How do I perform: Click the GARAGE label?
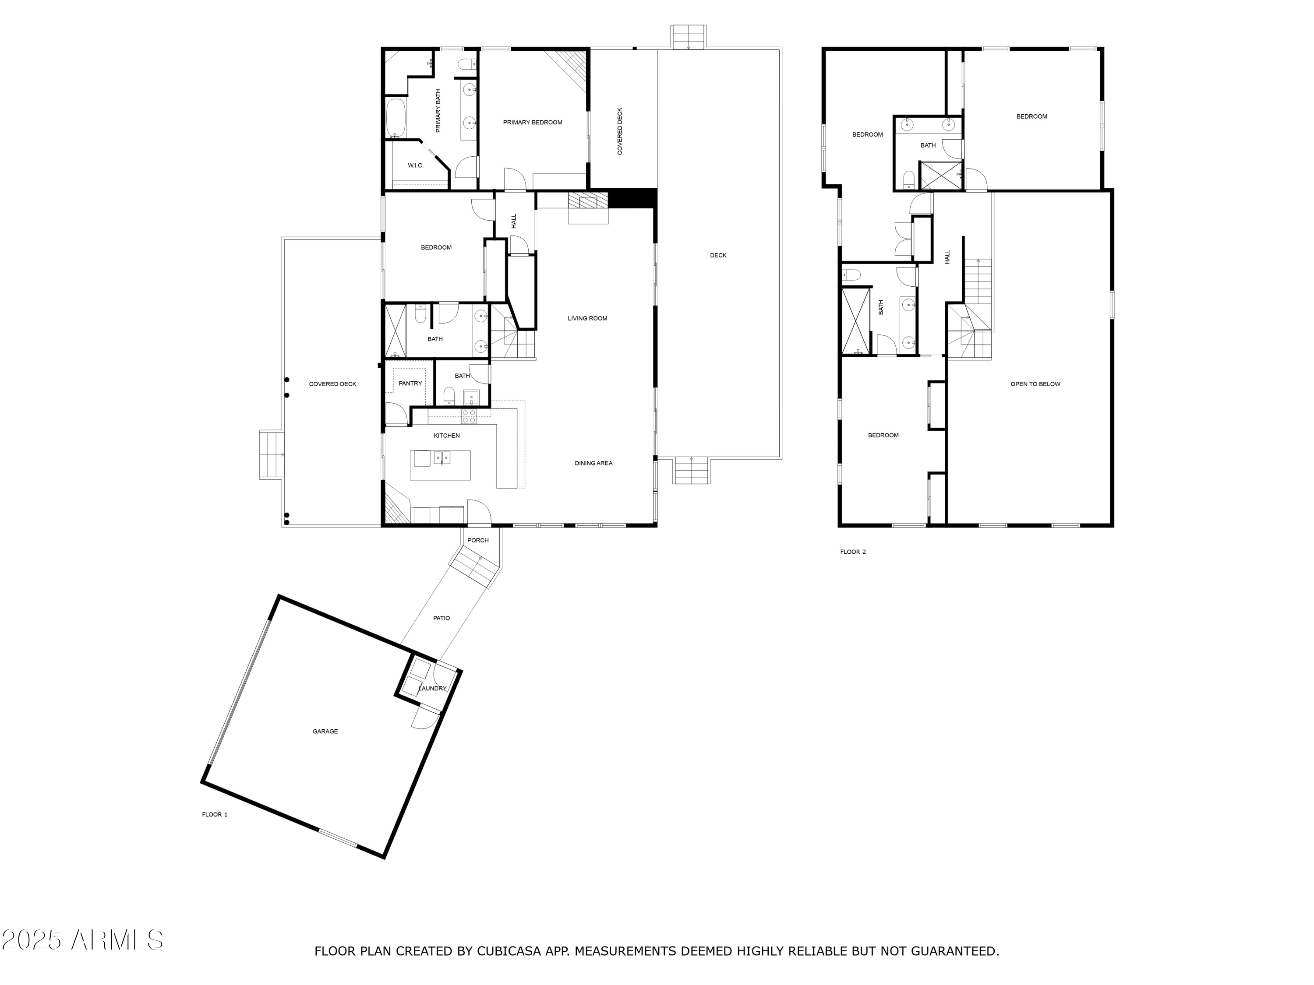pyautogui.click(x=325, y=732)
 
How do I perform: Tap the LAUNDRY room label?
pyautogui.click(x=432, y=689)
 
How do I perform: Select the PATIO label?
pyautogui.click(x=442, y=618)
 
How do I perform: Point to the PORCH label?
pyautogui.click(x=477, y=540)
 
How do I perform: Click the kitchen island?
pyautogui.click(x=440, y=465)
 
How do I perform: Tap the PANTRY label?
pyautogui.click(x=410, y=383)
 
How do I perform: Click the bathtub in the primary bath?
pyautogui.click(x=396, y=118)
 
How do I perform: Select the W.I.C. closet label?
pyautogui.click(x=415, y=165)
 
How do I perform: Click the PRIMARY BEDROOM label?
pyautogui.click(x=532, y=122)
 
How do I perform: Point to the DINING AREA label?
pyautogui.click(x=593, y=463)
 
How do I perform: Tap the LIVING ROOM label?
pyautogui.click(x=587, y=318)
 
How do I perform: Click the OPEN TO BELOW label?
pyautogui.click(x=1035, y=384)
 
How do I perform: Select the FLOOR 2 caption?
pyautogui.click(x=852, y=552)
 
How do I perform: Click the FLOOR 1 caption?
pyautogui.click(x=215, y=815)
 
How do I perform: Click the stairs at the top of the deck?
pyautogui.click(x=689, y=37)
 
